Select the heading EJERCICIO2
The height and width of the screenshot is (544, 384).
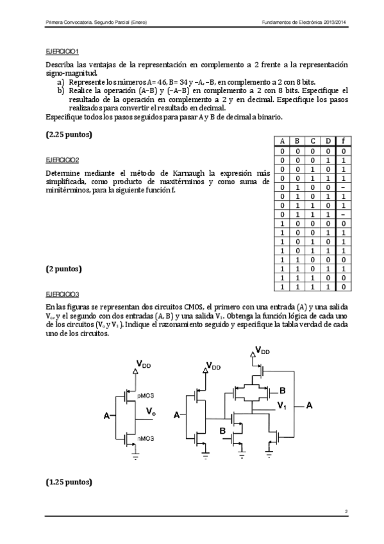[x=62, y=160]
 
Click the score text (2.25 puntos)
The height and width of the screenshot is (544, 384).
[x=69, y=135]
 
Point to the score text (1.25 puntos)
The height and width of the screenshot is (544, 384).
[x=69, y=481]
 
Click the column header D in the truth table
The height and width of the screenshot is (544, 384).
[x=328, y=141]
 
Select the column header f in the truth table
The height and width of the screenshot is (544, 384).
[x=344, y=141]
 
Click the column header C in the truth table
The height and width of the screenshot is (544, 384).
[x=312, y=141]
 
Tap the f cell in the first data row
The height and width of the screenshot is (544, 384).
[x=344, y=151]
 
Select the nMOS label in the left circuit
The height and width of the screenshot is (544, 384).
[x=147, y=438]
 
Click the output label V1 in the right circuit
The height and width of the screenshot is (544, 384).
[x=281, y=406]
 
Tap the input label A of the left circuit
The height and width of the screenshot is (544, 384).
[x=107, y=416]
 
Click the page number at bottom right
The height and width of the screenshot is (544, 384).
[x=346, y=511]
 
